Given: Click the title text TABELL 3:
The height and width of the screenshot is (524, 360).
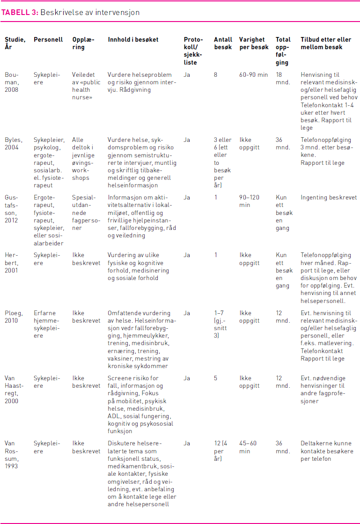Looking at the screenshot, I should (20, 13).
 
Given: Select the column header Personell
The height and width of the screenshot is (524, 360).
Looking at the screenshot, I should (48, 40).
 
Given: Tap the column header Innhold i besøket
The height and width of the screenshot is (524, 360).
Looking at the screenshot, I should (133, 40).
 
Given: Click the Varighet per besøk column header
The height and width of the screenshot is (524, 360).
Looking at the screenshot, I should (252, 44).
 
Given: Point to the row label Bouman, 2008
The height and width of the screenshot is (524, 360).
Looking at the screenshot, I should (13, 82).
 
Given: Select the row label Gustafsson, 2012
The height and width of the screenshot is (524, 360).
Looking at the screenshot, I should (13, 209).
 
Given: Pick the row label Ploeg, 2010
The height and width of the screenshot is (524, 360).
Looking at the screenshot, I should (12, 317).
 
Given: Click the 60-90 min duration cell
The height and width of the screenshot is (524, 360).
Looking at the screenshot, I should (253, 74).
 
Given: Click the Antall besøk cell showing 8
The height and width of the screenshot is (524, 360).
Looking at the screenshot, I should (216, 74).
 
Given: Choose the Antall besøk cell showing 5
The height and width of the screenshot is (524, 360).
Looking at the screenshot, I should (216, 378).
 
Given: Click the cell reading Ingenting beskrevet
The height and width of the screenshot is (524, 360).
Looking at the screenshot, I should (329, 198).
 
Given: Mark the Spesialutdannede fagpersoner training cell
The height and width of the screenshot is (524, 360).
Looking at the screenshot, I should (85, 213).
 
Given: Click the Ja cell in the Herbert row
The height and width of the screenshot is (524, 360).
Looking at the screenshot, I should (187, 255).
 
